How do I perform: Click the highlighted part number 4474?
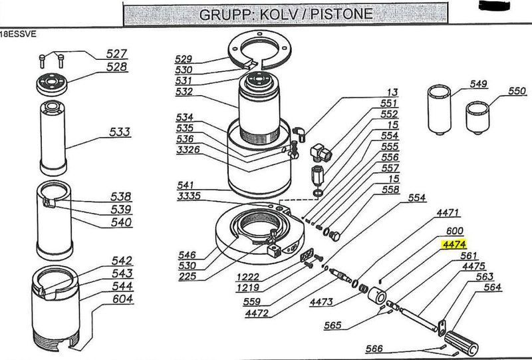click(x=456, y=244)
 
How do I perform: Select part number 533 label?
click(x=120, y=132)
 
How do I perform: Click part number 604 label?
click(x=122, y=299)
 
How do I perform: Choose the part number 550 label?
click(x=517, y=90)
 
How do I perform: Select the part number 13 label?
click(x=393, y=92)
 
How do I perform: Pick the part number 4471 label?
click(x=448, y=213)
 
